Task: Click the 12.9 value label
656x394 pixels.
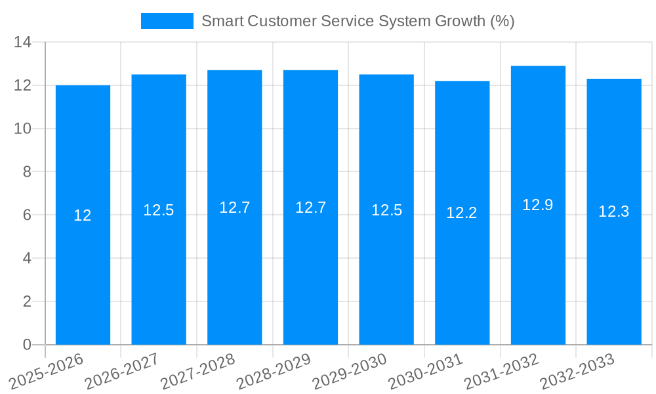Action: (538, 205)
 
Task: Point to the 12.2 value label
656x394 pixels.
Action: (462, 213)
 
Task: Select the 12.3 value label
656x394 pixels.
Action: (614, 211)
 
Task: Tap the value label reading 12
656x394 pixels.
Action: (83, 215)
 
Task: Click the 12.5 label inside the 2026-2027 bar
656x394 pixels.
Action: (159, 210)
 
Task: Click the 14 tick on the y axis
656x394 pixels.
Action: (23, 42)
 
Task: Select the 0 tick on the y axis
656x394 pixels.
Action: (27, 345)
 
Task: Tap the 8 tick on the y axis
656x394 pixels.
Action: (27, 171)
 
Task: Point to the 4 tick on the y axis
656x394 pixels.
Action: (27, 258)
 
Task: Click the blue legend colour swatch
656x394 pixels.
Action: (167, 21)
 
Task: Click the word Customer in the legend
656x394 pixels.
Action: (280, 21)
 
